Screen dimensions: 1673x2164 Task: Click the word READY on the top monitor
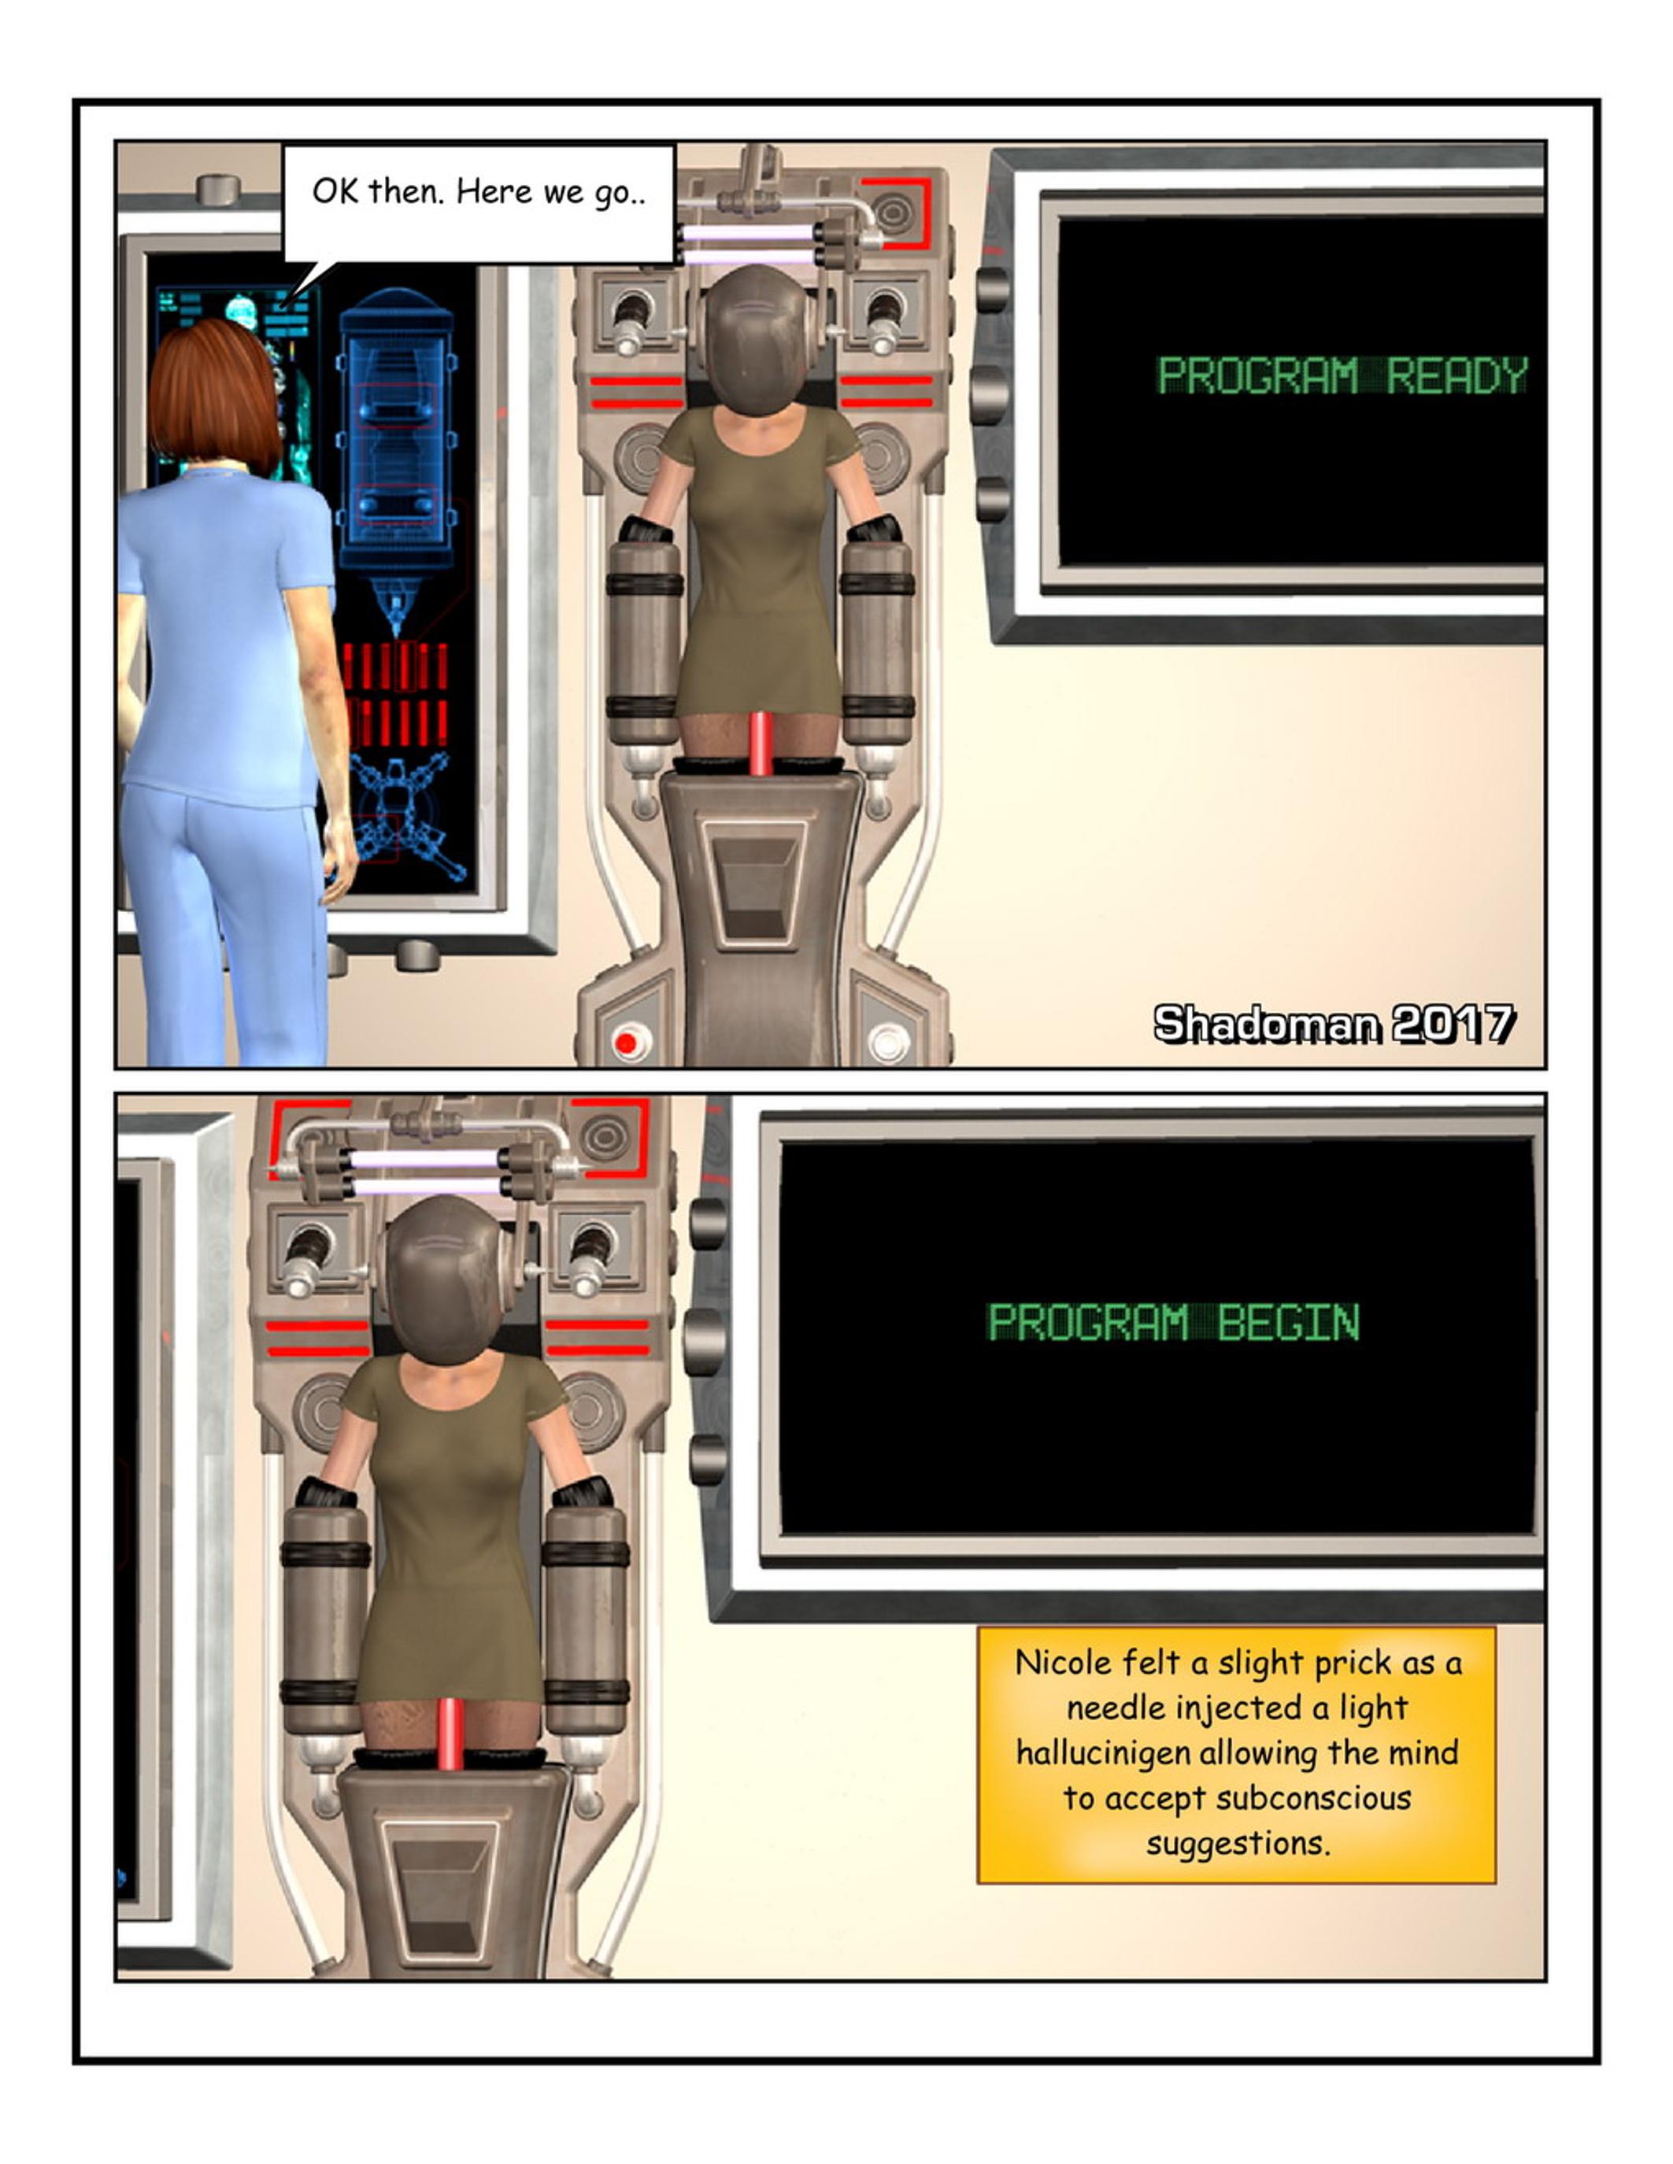click(x=1457, y=375)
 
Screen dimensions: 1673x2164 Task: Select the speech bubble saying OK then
click(x=479, y=203)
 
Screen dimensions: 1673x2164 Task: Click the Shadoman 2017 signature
click(x=1334, y=1024)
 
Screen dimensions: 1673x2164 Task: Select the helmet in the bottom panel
click(x=445, y=1278)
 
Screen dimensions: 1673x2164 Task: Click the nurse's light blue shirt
click(x=227, y=634)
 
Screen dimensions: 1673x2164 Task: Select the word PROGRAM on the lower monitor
click(x=1088, y=1323)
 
